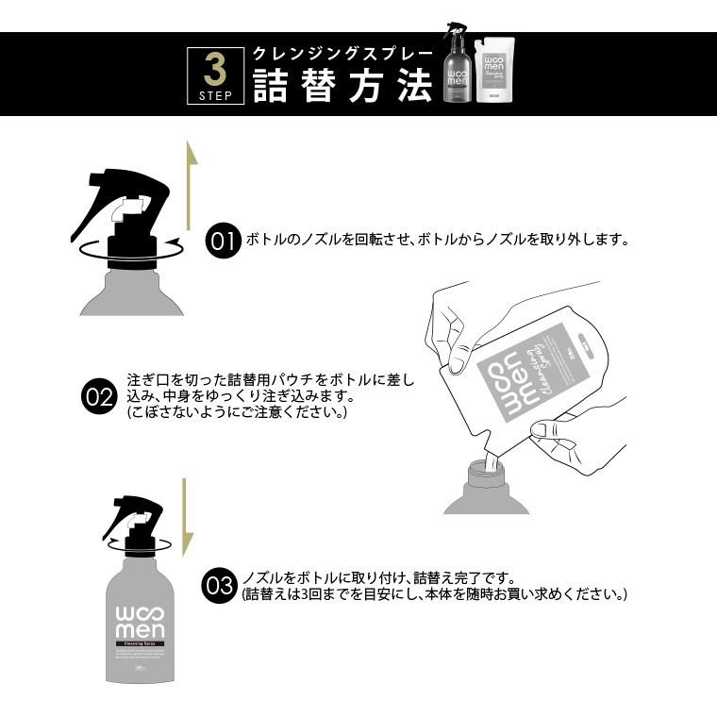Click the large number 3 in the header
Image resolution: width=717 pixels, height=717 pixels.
tap(214, 69)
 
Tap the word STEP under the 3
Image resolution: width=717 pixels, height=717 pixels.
tap(214, 95)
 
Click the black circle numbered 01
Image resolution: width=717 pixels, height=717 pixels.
tap(223, 241)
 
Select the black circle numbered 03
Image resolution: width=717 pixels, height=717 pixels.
tap(219, 587)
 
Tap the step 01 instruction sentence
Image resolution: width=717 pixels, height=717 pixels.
tap(437, 240)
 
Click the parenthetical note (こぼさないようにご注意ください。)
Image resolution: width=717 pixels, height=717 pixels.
tap(237, 413)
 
